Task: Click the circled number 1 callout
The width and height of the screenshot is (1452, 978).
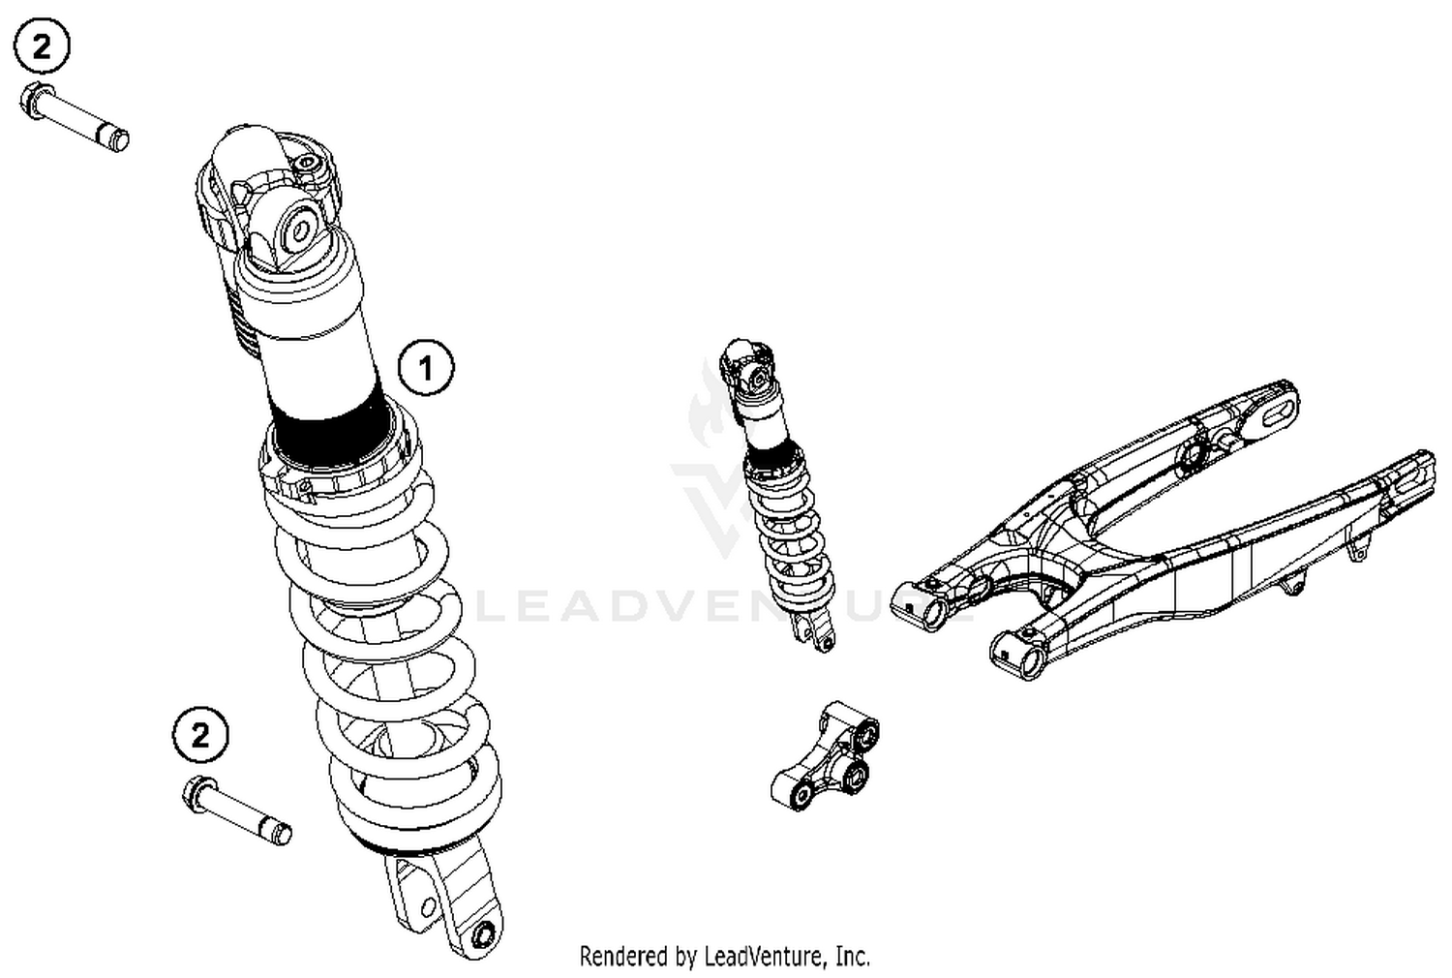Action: pyautogui.click(x=425, y=368)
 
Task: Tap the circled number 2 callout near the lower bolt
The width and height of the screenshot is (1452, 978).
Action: pyautogui.click(x=200, y=736)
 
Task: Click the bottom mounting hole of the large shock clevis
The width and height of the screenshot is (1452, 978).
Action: pyautogui.click(x=483, y=934)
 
